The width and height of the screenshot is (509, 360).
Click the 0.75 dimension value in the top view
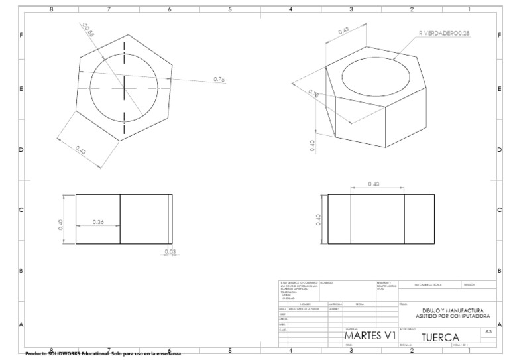tap(219, 79)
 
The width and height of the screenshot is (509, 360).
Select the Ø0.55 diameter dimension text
tap(87, 29)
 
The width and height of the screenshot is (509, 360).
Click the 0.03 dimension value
tap(170, 251)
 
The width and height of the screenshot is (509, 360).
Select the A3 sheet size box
tap(488, 330)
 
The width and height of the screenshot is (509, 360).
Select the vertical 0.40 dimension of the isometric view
tap(313, 145)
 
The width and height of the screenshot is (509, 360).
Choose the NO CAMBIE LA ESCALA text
tap(428, 285)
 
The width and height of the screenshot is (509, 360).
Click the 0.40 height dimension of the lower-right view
tap(319, 220)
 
